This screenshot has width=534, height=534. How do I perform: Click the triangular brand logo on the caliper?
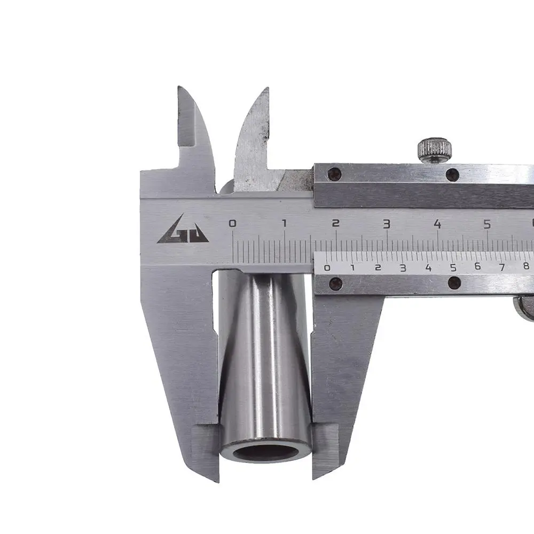183,230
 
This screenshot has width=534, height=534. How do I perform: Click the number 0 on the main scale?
232,223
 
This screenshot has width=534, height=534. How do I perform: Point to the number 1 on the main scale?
284,223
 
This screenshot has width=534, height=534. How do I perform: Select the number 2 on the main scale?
336,223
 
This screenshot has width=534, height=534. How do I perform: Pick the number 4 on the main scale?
437,224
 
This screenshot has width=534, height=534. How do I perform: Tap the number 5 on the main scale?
488,224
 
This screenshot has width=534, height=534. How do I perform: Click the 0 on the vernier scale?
327,268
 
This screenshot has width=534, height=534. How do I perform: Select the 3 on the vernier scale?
403,268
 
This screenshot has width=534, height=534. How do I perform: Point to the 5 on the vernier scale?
453,268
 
